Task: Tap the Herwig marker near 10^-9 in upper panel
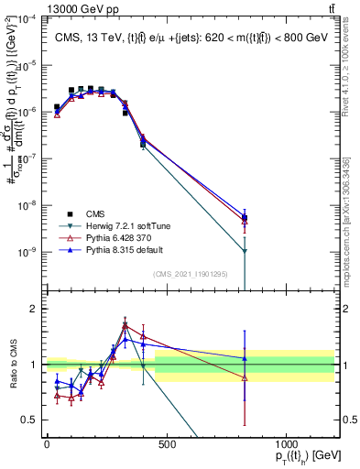[x=245, y=251]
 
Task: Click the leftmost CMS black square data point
[x=57, y=107]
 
